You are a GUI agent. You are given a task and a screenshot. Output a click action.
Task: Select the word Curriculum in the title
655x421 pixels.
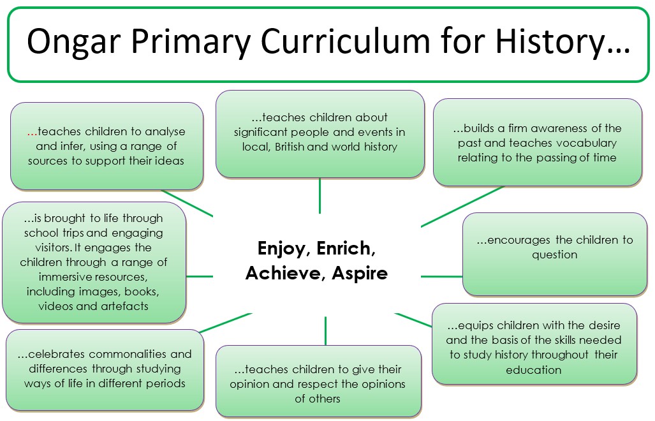346,41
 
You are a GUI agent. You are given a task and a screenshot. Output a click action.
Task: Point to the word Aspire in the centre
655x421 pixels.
360,274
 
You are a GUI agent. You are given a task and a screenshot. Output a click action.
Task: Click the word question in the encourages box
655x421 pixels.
554,255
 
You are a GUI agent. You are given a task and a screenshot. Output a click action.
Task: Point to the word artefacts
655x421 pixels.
124,306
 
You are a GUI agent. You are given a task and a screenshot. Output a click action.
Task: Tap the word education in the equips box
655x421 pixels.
533,370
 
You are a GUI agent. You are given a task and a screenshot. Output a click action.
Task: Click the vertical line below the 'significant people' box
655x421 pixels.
320,196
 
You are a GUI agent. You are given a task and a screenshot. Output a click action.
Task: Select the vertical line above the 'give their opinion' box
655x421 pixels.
325,331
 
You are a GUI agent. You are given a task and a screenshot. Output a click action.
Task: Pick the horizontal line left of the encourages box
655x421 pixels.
441,276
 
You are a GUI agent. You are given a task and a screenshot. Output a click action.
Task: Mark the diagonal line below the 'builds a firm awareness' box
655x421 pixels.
462,207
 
